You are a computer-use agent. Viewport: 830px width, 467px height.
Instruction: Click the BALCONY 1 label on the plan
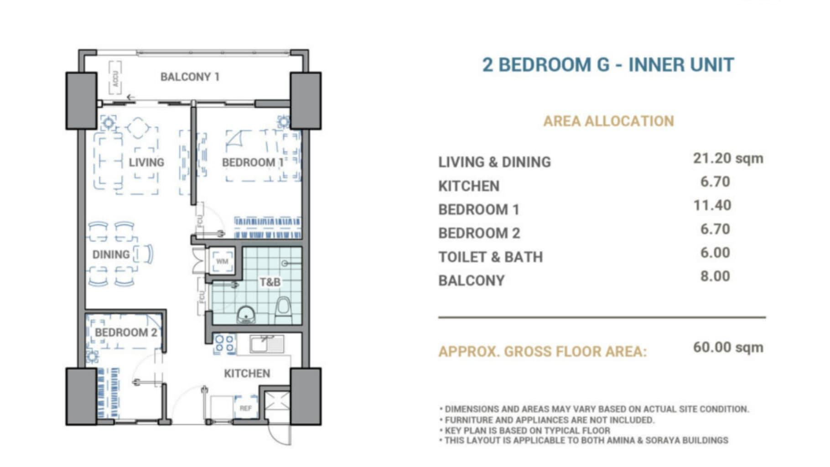pos(190,77)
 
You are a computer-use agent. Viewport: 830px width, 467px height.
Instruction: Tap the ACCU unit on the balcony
pos(115,78)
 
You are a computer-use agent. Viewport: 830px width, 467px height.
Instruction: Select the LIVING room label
pos(146,162)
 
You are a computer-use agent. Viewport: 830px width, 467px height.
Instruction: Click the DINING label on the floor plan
pos(111,254)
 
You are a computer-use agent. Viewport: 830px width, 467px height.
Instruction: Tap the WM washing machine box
pos(222,261)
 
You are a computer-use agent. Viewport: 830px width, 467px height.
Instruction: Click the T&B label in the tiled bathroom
pos(270,282)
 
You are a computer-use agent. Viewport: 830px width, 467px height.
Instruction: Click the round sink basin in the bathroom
pos(246,314)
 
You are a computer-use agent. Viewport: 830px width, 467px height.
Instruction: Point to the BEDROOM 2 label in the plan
pos(126,332)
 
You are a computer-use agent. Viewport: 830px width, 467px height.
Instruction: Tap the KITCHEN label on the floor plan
pos(247,374)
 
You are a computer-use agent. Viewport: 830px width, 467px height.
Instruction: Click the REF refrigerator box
pos(245,407)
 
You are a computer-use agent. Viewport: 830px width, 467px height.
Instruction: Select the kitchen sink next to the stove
pos(267,344)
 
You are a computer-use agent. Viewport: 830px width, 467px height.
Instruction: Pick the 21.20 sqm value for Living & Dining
pos(728,158)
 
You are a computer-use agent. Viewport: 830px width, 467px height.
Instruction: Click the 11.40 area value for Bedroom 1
pos(712,205)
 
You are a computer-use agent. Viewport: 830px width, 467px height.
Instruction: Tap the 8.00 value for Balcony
pos(715,276)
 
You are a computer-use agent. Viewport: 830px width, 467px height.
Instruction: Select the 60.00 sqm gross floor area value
pos(728,347)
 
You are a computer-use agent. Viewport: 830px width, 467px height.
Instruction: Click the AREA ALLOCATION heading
pos(608,121)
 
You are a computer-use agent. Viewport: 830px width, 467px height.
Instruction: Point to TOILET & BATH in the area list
pos(491,257)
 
